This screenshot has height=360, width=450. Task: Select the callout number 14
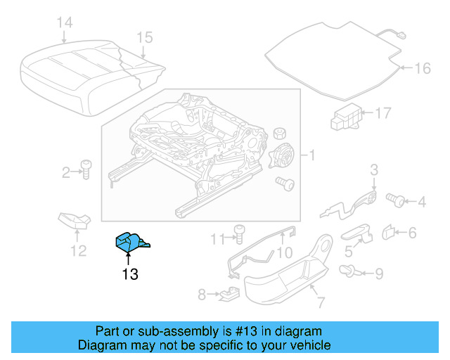click(64, 23)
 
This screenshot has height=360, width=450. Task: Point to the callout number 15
click(144, 37)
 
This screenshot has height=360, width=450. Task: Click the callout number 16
click(421, 68)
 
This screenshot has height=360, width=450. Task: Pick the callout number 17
click(382, 112)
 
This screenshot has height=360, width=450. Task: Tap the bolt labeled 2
click(86, 169)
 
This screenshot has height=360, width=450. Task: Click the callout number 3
click(374, 169)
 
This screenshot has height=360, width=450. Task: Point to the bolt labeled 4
click(397, 202)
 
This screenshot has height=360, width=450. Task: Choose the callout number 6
click(412, 232)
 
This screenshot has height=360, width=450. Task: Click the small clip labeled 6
click(389, 231)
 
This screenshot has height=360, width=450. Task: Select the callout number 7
click(321, 303)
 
